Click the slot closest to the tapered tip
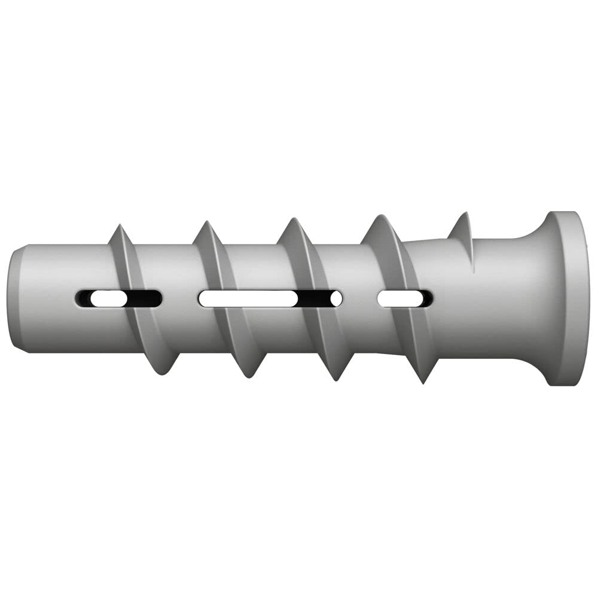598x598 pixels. click(x=118, y=298)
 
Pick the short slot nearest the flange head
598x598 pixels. click(x=405, y=298)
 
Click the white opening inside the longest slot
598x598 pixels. click(x=248, y=298)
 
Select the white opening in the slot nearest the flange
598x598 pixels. click(x=398, y=298)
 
